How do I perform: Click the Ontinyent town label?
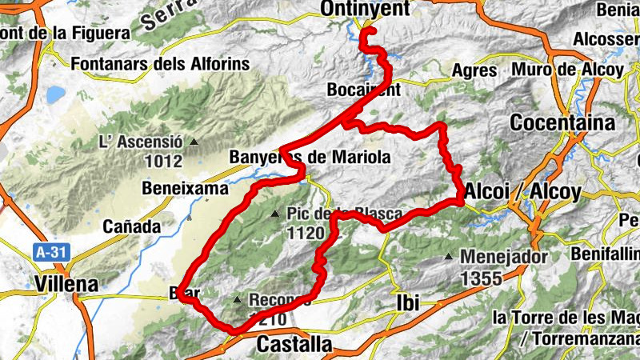[364, 9]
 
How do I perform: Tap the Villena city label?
[67, 283]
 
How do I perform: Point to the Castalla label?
[294, 345]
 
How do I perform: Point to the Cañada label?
[132, 226]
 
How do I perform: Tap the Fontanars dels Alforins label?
[160, 62]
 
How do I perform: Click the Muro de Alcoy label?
[569, 69]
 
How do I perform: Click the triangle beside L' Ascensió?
[194, 142]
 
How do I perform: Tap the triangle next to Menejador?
[449, 258]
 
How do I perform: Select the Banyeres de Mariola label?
[310, 157]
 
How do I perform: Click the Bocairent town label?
[363, 90]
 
